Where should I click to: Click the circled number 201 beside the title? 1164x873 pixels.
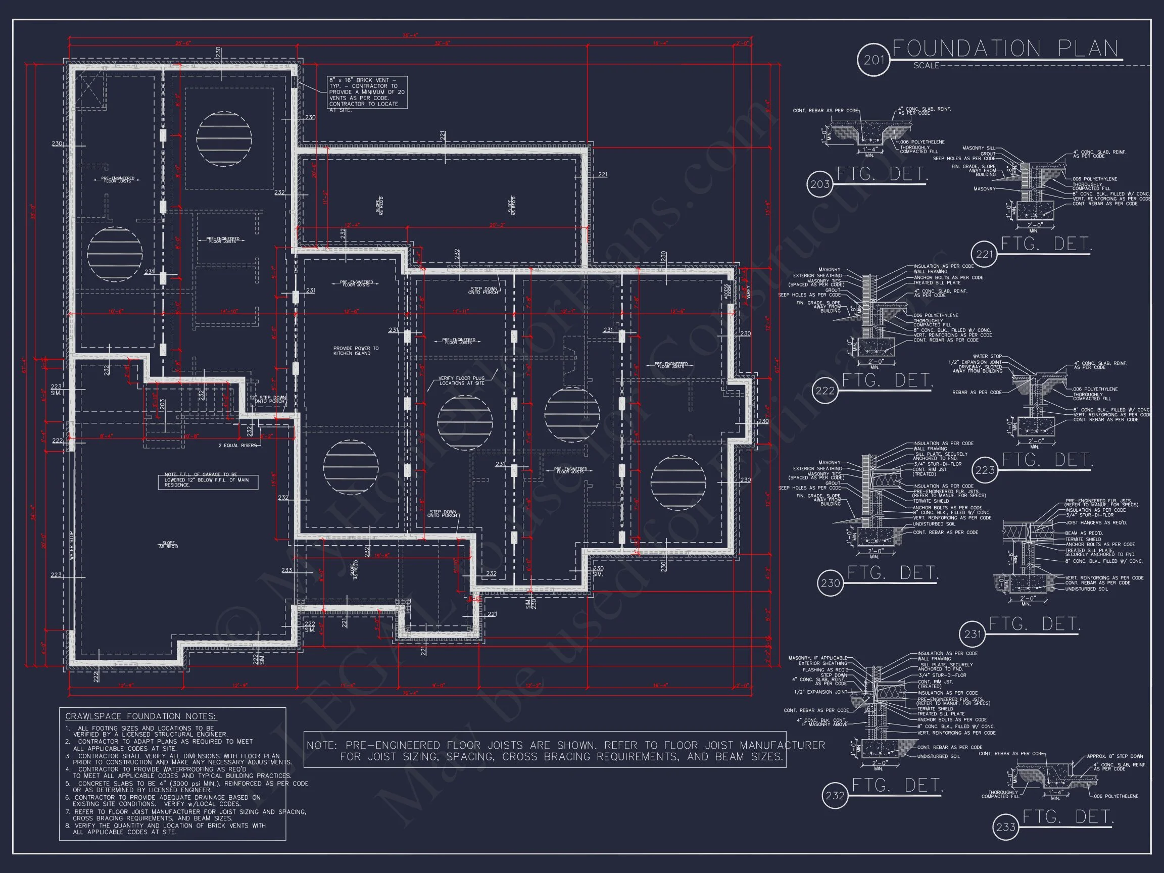(x=873, y=60)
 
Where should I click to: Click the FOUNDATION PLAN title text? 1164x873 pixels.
(x=1005, y=49)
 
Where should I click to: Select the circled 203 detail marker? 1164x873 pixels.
(x=819, y=184)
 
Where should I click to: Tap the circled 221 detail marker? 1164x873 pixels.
(x=984, y=254)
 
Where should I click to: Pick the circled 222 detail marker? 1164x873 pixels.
(x=825, y=391)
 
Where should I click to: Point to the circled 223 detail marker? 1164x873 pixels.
(x=985, y=470)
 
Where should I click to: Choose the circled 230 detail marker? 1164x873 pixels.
(x=830, y=583)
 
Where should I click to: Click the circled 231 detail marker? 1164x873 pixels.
(x=973, y=634)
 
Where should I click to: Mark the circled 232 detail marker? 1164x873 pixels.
(x=835, y=796)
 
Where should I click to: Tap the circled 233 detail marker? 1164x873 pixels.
(x=1005, y=827)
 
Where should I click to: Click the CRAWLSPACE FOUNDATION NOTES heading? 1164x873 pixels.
(x=140, y=716)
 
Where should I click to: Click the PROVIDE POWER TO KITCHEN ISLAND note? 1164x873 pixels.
(x=356, y=351)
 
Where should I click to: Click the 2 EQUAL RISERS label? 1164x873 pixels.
(x=237, y=445)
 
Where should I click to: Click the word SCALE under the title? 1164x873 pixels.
(x=926, y=66)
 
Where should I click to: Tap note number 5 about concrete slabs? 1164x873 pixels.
(x=187, y=787)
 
